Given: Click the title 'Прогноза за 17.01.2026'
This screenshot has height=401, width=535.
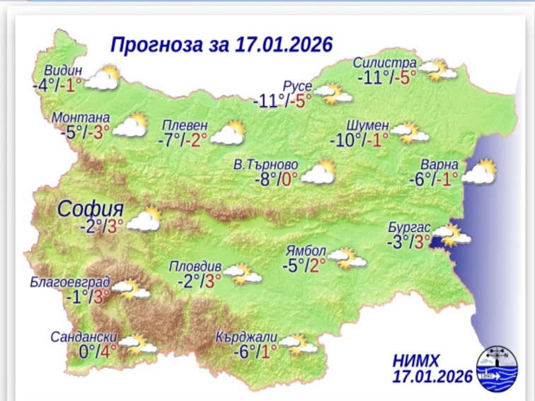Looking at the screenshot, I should click(x=222, y=45).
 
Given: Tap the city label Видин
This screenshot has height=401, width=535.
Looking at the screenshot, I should click(x=63, y=71).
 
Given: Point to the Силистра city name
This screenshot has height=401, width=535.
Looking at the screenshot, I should click(x=385, y=64).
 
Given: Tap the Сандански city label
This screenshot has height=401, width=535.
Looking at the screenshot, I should click(x=83, y=337).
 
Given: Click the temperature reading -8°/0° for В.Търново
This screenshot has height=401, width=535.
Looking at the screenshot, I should click(x=276, y=179).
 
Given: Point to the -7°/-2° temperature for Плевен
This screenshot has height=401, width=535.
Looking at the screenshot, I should click(x=183, y=140).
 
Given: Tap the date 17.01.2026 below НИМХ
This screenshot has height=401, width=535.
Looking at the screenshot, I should click(x=432, y=376).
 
